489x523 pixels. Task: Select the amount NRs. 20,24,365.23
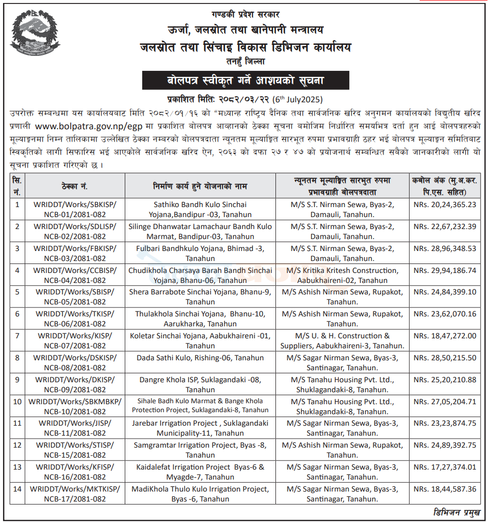[445, 204]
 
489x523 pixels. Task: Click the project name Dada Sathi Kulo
[200, 358]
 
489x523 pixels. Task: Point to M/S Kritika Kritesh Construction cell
[342, 275]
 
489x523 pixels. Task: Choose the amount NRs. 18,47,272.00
[445, 336]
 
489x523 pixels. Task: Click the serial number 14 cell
[17, 489]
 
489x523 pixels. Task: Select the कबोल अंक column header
[445, 186]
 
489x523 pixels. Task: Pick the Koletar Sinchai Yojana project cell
[200, 341]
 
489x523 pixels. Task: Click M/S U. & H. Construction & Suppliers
[342, 341]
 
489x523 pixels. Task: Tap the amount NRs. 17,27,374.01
[445, 468]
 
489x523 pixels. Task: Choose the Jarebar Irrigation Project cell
[200, 429]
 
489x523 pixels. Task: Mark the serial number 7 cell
[17, 335]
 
